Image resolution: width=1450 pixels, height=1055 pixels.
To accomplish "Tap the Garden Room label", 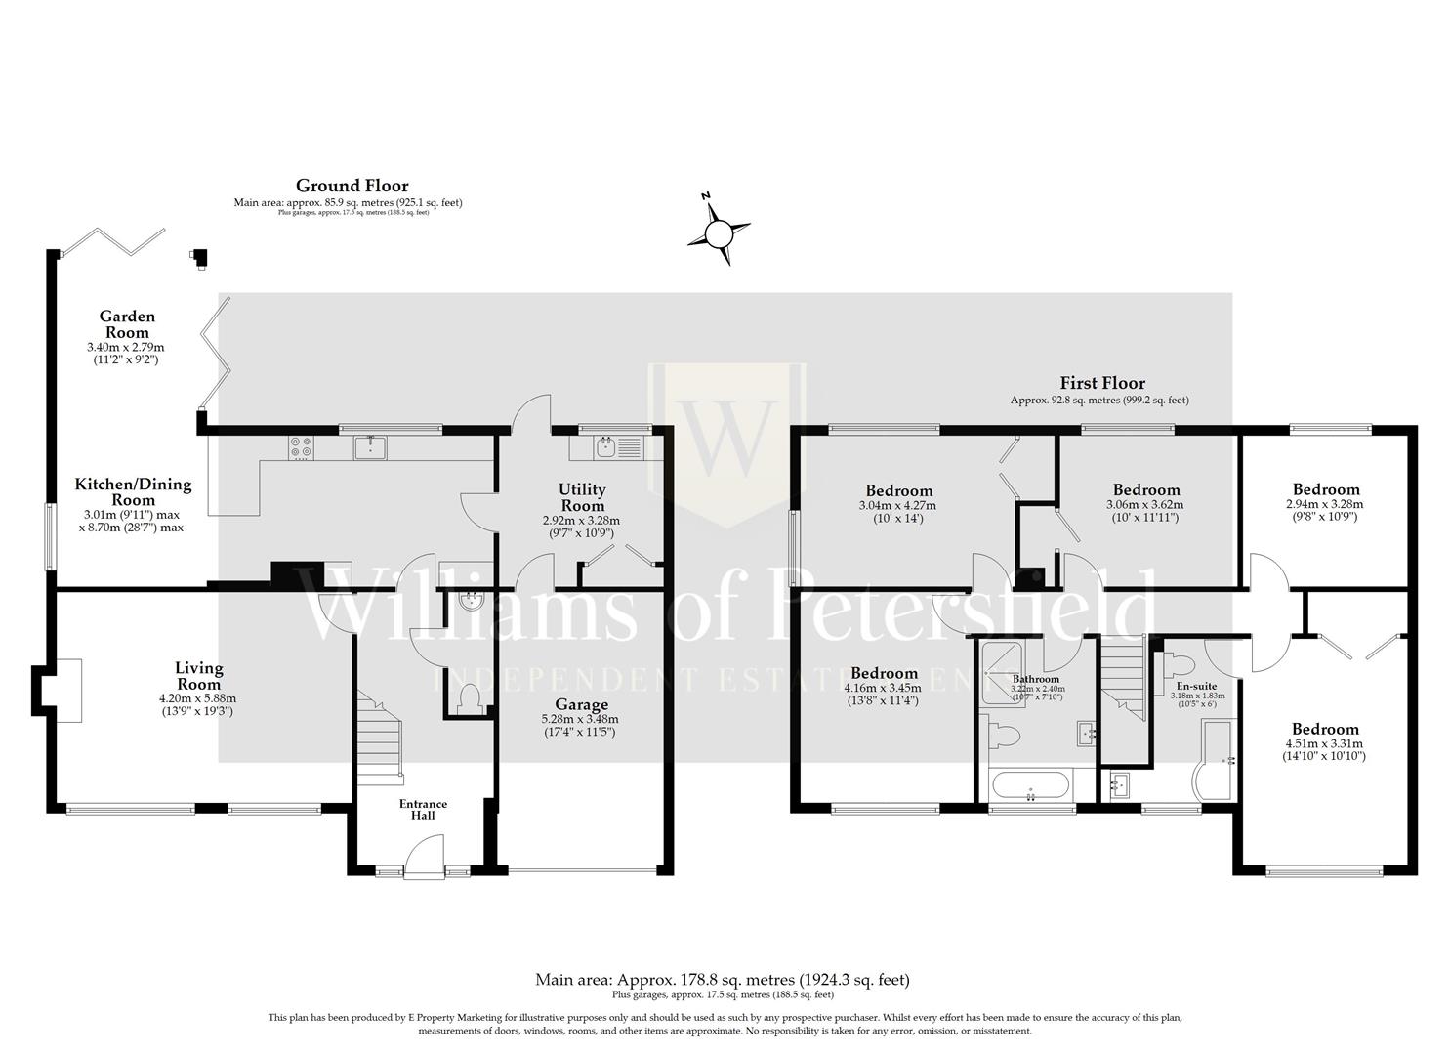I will click(x=127, y=324).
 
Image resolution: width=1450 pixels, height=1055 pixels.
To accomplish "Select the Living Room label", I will click(x=198, y=676).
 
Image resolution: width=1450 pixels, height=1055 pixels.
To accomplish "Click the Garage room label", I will click(x=581, y=704).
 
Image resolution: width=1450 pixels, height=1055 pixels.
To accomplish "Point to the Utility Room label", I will click(x=582, y=497).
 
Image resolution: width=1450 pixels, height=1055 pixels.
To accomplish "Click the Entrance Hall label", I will click(x=423, y=809).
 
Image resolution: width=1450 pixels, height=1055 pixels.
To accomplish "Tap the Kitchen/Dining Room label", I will click(x=133, y=491).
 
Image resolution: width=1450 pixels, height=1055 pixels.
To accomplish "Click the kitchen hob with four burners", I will click(x=301, y=446).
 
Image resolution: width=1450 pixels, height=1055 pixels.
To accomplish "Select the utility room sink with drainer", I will click(x=617, y=447).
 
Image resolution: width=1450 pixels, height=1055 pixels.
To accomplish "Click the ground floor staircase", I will click(x=379, y=735).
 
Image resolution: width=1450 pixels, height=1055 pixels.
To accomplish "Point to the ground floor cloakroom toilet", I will click(x=470, y=697).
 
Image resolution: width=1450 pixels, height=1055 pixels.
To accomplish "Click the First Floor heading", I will click(x=1102, y=383).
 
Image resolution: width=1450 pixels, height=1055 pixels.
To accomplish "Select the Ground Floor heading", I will click(x=352, y=186).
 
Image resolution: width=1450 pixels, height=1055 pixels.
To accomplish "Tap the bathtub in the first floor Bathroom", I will click(x=1030, y=785).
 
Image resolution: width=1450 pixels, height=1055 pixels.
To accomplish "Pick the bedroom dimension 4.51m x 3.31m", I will click(x=1325, y=742).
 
